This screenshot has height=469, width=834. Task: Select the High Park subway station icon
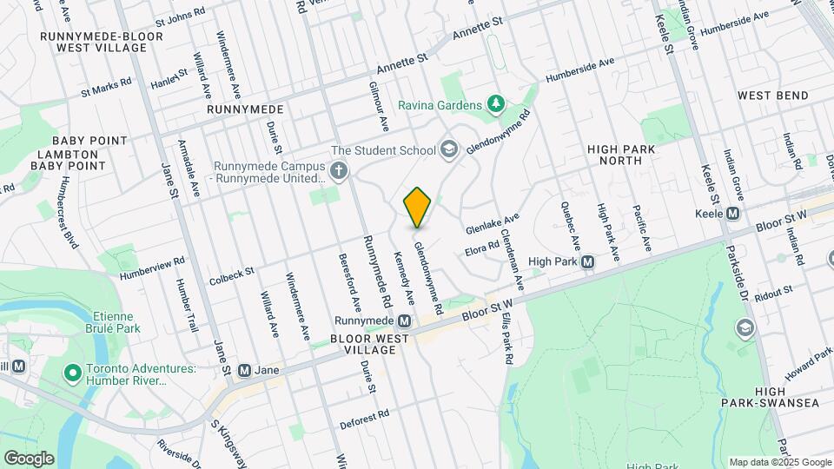click(588, 261)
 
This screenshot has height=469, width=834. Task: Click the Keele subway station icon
click(733, 214)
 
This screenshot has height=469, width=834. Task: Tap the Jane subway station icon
click(244, 370)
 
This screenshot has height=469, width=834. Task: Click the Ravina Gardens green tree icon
click(496, 105)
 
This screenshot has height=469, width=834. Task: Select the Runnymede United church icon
click(340, 171)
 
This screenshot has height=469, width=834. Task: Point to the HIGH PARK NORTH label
click(620, 155)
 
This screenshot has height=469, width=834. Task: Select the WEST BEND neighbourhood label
click(773, 96)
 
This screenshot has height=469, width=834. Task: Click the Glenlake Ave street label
click(492, 224)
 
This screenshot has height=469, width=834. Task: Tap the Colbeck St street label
click(231, 276)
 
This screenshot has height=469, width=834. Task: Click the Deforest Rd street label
click(364, 419)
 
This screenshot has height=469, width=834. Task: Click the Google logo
click(29, 459)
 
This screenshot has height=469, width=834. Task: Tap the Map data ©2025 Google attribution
click(779, 462)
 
